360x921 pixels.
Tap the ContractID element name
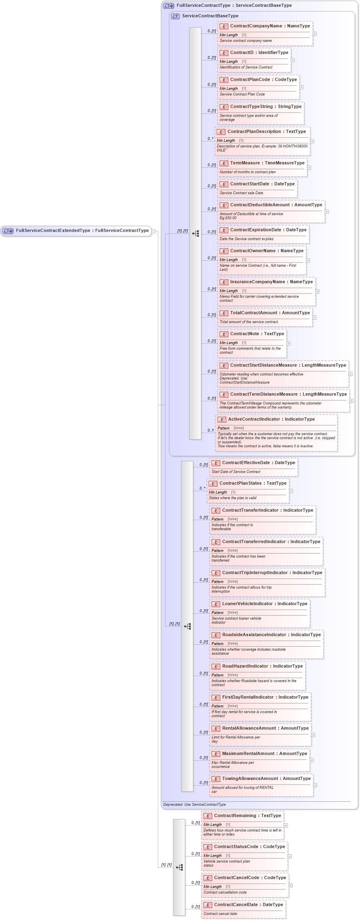pyautogui.click(x=259, y=53)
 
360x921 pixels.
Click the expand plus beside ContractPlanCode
pyautogui.click(x=301, y=87)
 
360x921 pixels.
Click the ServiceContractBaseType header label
pyautogui.click(x=210, y=16)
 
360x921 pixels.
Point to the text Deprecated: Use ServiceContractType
pyautogui.click(x=194, y=805)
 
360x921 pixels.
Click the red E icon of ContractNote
pyautogui.click(x=224, y=334)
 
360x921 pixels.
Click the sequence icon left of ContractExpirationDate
pyautogui.click(x=196, y=234)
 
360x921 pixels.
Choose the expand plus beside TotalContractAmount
pyautogui.click(x=314, y=317)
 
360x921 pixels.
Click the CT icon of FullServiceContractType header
pyautogui.click(x=169, y=6)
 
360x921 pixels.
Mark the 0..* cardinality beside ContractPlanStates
pyautogui.click(x=202, y=488)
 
